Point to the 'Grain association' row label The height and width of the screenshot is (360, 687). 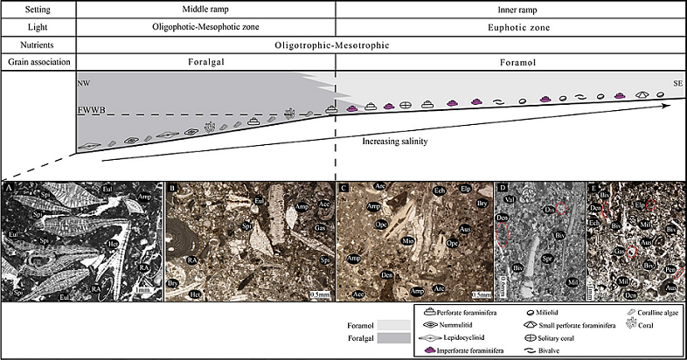click(x=38, y=63)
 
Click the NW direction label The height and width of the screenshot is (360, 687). click(x=84, y=84)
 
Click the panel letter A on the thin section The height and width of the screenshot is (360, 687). click(x=9, y=188)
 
